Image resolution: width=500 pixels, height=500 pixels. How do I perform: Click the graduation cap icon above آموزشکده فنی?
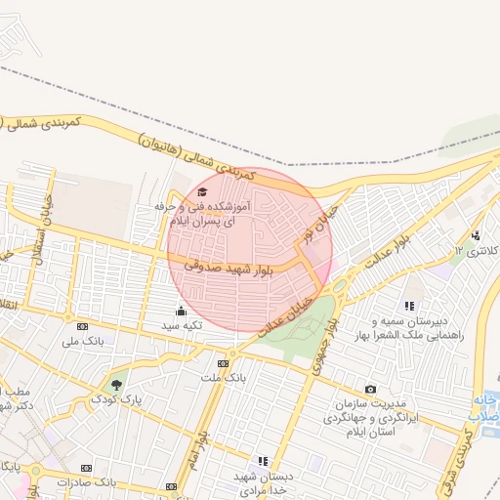coord(202,192)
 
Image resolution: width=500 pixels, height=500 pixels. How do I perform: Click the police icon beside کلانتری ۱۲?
coord(475,235)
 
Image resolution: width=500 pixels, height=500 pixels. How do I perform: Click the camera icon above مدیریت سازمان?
coord(370,390)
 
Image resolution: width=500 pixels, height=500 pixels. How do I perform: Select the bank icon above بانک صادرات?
coord(86,468)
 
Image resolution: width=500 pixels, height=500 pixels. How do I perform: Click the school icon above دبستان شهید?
coord(262,460)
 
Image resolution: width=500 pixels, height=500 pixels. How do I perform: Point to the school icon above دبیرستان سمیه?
coord(408,306)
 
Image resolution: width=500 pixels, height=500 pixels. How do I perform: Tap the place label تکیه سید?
coord(181,325)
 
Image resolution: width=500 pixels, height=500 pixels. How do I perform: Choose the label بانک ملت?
coord(224,376)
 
